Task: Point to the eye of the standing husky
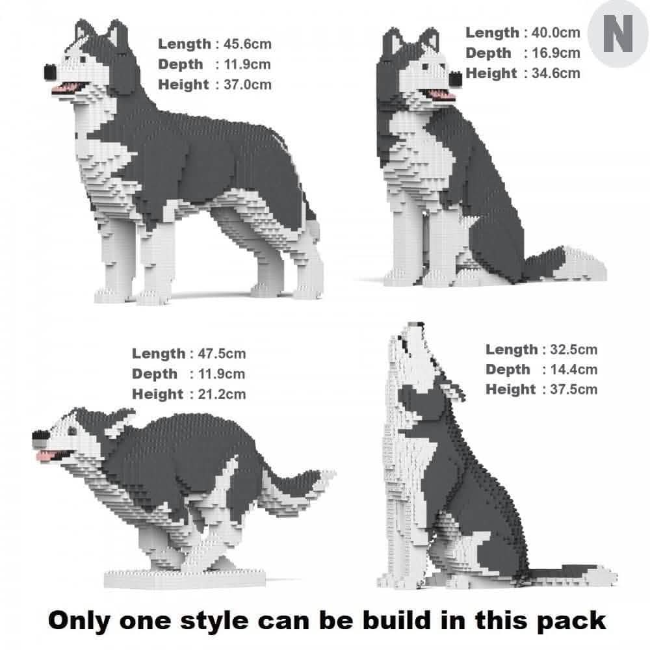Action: [x=84, y=59]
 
